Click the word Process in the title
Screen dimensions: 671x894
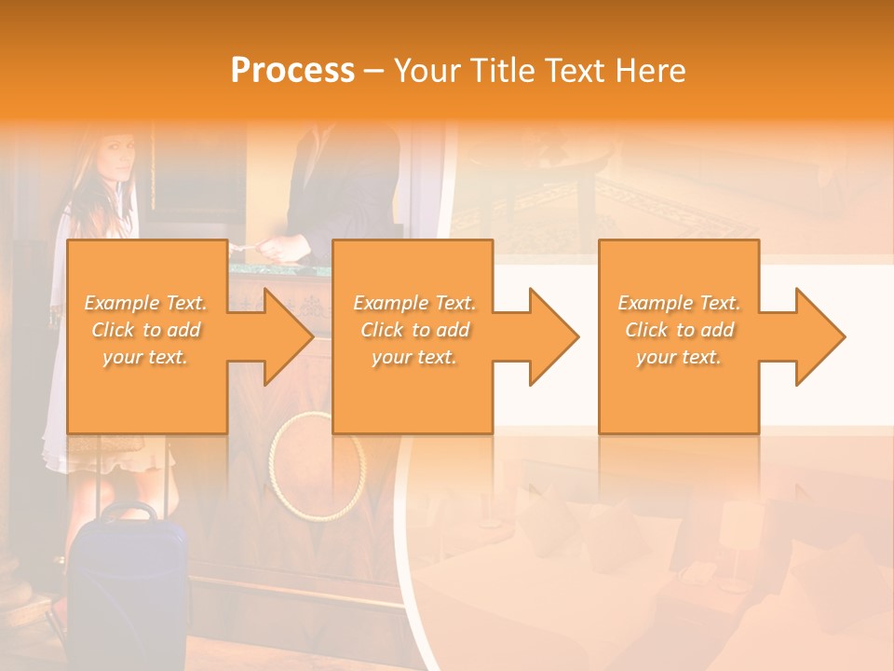click(292, 70)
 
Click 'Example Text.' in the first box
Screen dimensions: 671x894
click(145, 303)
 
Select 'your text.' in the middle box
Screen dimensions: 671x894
click(413, 357)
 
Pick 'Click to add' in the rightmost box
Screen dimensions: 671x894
click(680, 330)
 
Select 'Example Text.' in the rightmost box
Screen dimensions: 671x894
click(680, 303)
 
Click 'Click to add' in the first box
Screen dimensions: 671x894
click(145, 330)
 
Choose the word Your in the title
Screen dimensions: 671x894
click(430, 70)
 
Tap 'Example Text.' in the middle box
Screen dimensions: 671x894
click(413, 303)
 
